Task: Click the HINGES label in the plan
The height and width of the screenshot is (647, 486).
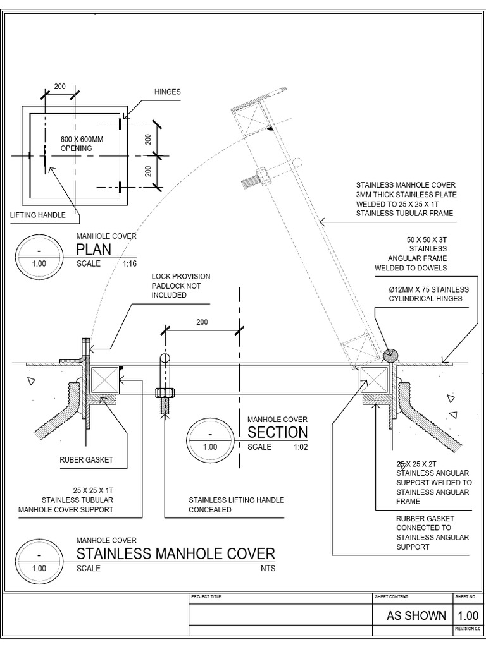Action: click(168, 92)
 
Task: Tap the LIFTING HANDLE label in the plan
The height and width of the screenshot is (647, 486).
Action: click(38, 215)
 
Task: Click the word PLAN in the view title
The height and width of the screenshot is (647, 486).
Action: click(94, 249)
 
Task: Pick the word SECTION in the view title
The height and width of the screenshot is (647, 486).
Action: click(277, 432)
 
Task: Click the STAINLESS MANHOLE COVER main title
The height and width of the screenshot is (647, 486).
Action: click(175, 554)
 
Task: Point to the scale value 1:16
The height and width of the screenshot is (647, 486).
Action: click(128, 263)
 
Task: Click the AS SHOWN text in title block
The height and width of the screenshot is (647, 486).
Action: click(416, 615)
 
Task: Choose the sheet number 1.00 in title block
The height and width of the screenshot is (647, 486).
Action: click(468, 615)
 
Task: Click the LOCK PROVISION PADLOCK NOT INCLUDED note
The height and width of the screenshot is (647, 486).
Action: click(180, 286)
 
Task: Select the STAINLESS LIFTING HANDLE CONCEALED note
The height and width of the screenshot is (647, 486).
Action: click(236, 505)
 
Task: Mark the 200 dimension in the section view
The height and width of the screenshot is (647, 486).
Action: click(202, 322)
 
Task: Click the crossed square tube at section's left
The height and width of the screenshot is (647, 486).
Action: click(103, 380)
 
